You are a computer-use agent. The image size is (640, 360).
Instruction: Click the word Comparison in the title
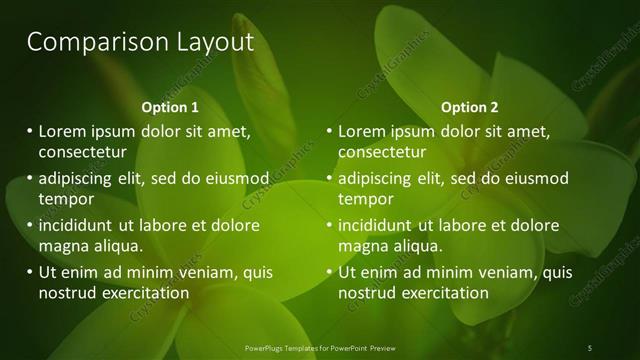[x=85, y=42]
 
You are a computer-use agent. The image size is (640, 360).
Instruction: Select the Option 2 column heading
[x=469, y=107]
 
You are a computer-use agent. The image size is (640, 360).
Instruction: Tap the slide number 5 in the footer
[x=590, y=347]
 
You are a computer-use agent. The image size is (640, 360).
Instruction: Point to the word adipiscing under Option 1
[x=78, y=179]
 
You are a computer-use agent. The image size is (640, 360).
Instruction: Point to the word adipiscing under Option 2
[x=378, y=179]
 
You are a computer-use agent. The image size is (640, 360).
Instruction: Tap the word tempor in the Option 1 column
[x=65, y=199]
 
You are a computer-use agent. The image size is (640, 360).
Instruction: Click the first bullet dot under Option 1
[x=29, y=131]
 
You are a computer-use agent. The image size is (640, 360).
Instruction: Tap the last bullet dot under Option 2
[x=329, y=272]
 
